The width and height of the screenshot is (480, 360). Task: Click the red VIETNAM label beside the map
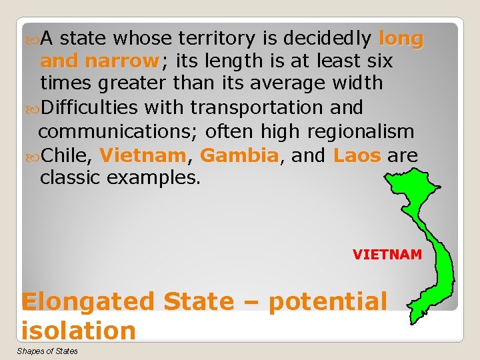click(387, 254)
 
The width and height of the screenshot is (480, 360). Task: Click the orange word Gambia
click(239, 155)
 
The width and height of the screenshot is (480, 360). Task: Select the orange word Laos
click(357, 155)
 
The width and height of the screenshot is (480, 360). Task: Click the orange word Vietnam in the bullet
click(142, 155)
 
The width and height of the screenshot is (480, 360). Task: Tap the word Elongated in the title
click(87, 301)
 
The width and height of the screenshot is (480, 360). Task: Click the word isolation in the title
click(78, 330)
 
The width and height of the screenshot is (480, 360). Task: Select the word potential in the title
click(327, 301)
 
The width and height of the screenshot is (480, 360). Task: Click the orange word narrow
click(121, 61)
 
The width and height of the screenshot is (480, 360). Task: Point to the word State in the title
click(198, 301)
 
